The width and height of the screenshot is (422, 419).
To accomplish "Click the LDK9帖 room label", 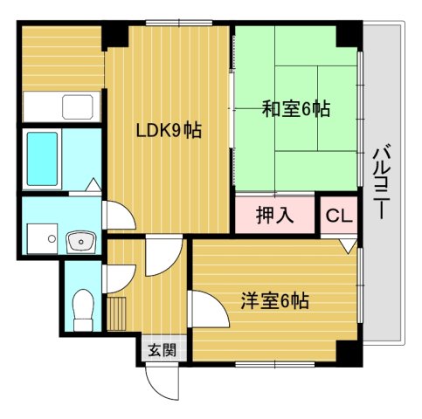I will pyautogui.click(x=169, y=131).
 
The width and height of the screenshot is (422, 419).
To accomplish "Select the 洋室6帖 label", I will pyautogui.click(x=275, y=302).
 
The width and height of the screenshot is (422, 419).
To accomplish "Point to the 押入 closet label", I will pyautogui.click(x=273, y=215).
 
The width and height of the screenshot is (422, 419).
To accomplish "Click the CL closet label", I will pyautogui.click(x=339, y=216).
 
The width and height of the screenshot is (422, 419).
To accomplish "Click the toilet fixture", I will pyautogui.click(x=84, y=309).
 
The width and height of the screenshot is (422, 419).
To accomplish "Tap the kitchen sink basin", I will pyautogui.click(x=78, y=108).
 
